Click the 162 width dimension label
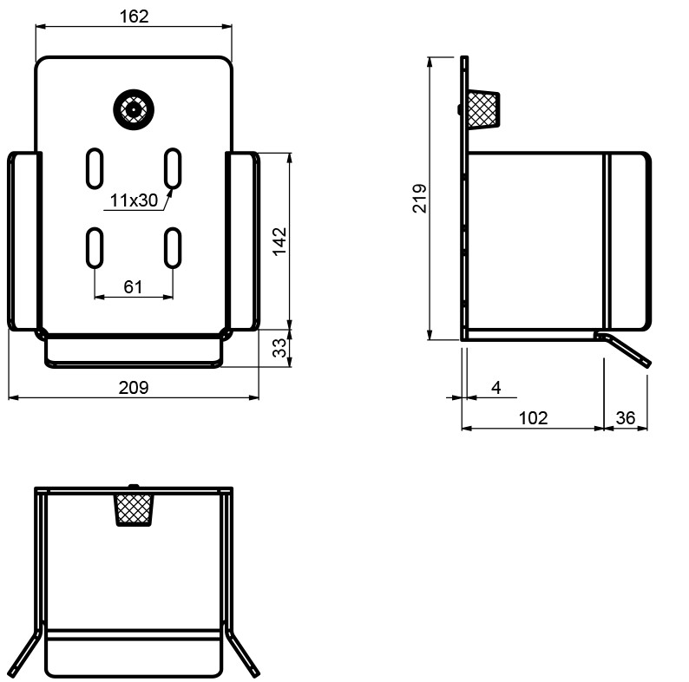pos(134,16)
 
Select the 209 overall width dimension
pos(134,388)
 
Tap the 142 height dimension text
pos(279,241)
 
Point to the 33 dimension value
pos(279,348)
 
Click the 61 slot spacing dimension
pos(133,287)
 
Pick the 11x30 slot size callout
pos(134,200)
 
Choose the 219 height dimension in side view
pos(419,199)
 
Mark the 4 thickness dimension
pos(496,388)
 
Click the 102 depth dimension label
pos(534,418)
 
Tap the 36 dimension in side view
pos(626,418)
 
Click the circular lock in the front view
pos(134,109)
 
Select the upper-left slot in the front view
pos(95,168)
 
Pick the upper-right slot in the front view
pos(173,168)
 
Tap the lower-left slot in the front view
pos(95,248)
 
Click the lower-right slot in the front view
pos(173,248)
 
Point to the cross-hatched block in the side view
pos(483,109)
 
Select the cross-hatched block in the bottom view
pos(134,509)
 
